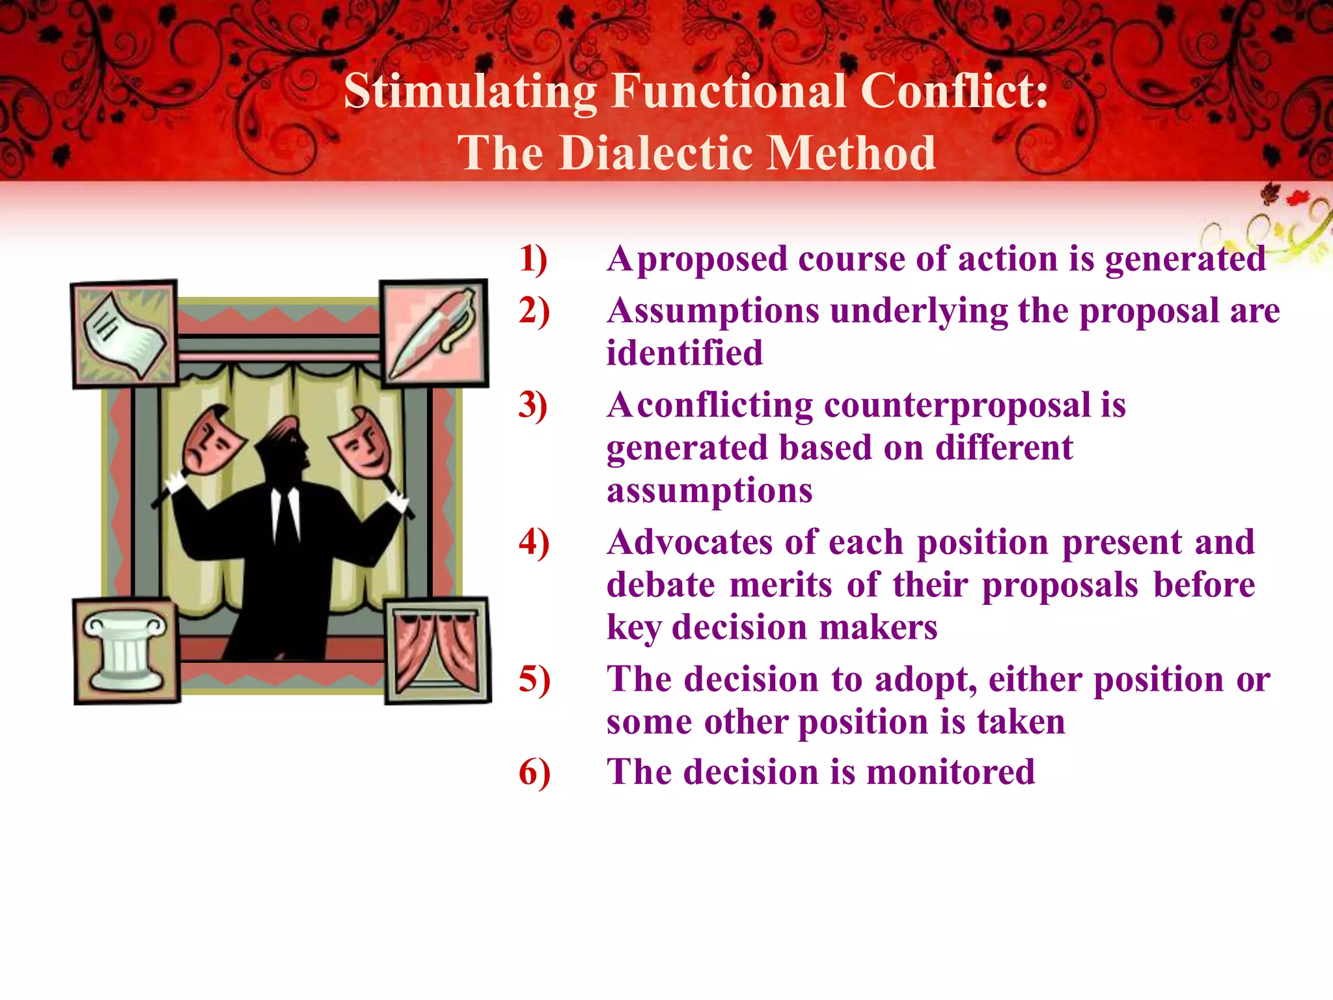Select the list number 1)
click(533, 258)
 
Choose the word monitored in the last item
click(950, 772)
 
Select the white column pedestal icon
click(126, 651)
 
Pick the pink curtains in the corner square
click(437, 651)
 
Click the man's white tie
click(285, 514)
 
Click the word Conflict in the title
click(954, 91)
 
